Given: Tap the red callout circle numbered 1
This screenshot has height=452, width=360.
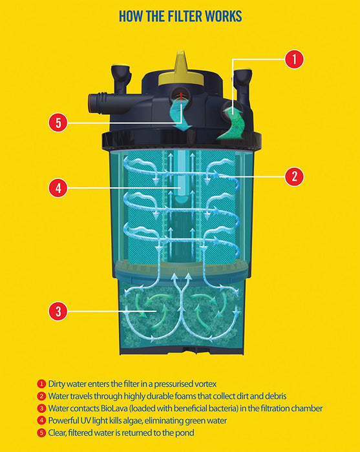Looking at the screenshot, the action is (x=294, y=59).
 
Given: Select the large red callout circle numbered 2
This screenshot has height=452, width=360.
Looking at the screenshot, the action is (x=294, y=176).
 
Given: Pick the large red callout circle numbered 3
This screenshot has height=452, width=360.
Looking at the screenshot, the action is (x=58, y=311).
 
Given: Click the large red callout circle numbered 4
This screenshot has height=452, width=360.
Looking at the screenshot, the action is (x=58, y=189).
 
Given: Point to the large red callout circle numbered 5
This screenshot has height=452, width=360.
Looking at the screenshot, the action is (x=58, y=123).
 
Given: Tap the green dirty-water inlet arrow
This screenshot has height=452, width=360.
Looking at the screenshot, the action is (x=231, y=123).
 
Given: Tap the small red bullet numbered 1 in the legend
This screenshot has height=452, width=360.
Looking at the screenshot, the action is (x=41, y=384).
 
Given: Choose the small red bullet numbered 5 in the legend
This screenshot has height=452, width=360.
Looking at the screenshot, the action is (x=41, y=433).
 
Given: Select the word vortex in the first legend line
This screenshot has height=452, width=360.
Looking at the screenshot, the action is (x=206, y=384).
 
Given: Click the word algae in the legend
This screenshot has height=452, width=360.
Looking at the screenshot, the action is (x=133, y=421).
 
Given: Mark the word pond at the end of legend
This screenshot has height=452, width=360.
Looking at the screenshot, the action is (x=185, y=433).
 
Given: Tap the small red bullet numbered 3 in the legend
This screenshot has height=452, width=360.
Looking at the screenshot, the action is (x=41, y=409).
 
